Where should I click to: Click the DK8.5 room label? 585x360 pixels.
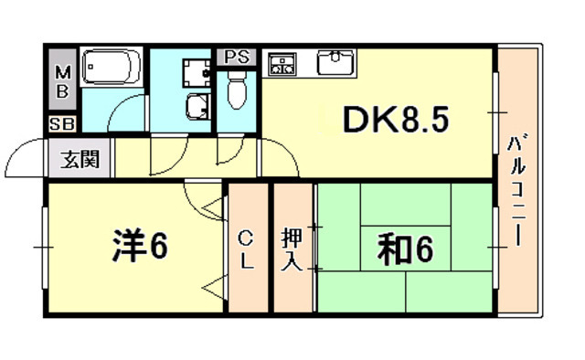[x=395, y=120]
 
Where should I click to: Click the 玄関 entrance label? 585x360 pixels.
[x=80, y=163]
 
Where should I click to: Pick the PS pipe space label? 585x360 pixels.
[x=237, y=56]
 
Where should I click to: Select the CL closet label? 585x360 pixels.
[x=246, y=249]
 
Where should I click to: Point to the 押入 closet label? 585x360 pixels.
[x=292, y=249]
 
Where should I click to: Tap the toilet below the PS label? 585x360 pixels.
[x=236, y=91]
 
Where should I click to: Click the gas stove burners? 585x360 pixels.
[x=282, y=63]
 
